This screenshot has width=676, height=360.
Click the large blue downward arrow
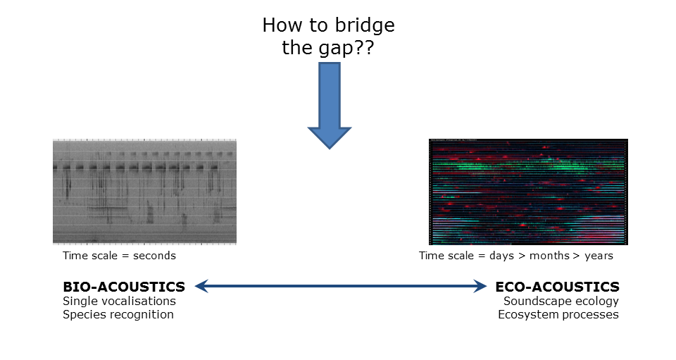coord(330,106)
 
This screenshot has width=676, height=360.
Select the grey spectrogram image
coord(144,192)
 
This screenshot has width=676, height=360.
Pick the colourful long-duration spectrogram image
coord(528,192)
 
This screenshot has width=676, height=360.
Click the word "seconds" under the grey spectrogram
coord(154,256)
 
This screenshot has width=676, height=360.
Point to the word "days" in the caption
coord(501,256)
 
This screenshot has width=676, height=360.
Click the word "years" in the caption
coord(599,256)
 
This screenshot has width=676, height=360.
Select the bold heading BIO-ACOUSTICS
coord(124,287)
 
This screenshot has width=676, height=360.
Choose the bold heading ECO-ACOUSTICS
coord(557,287)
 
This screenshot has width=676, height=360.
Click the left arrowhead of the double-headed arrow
coord(201,286)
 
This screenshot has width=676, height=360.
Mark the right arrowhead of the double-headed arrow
coord(480,286)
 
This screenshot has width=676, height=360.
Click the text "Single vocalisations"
coord(120,301)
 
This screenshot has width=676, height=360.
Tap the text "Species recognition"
coord(118,315)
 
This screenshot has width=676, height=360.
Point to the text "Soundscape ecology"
coord(561,302)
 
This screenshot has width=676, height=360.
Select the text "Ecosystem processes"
coord(558,315)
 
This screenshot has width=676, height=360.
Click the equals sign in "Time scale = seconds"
coord(125,256)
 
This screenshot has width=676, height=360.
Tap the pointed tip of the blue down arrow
coord(330,149)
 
